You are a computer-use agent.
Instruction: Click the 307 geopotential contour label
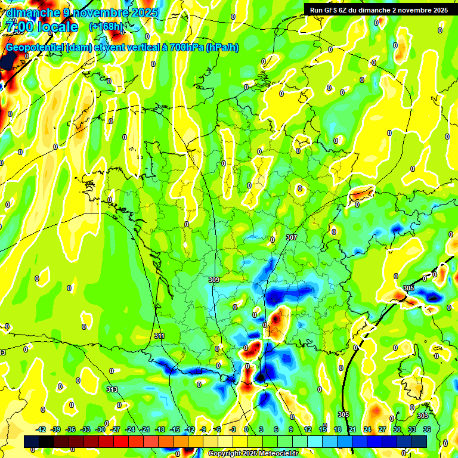click(x=291, y=237)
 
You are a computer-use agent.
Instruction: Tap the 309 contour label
click(x=214, y=279)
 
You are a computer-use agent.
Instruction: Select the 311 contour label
click(x=159, y=336)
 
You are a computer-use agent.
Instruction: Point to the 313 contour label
click(x=112, y=389)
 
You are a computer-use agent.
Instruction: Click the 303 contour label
click(x=423, y=416)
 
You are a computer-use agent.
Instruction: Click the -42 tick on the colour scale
click(x=41, y=429)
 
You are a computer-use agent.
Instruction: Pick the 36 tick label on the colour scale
click(x=427, y=429)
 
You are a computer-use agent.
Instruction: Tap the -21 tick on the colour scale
click(x=145, y=429)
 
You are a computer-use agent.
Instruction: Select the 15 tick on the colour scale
click(x=323, y=429)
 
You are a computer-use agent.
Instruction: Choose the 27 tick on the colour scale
click(x=382, y=429)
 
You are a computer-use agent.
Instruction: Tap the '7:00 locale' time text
click(x=41, y=27)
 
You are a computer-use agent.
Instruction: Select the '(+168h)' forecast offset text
click(x=106, y=26)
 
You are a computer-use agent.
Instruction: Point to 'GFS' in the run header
click(x=332, y=10)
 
